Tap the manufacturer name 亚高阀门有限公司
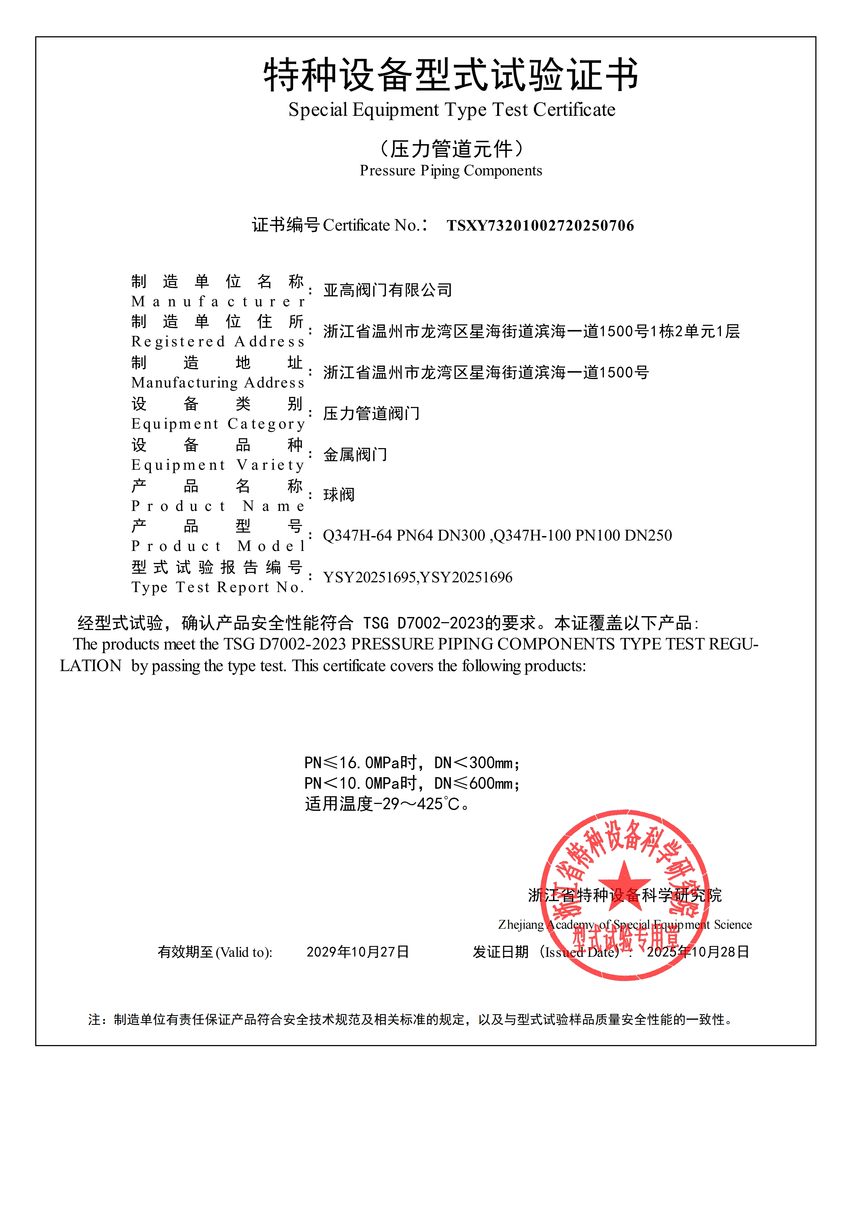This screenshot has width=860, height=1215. pyautogui.click(x=388, y=290)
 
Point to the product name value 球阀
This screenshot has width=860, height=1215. pyautogui.click(x=339, y=495)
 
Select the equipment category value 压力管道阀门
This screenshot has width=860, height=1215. pyautogui.click(x=371, y=413)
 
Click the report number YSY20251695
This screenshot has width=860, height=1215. pyautogui.click(x=369, y=577)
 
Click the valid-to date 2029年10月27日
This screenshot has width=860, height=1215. pyautogui.click(x=358, y=952)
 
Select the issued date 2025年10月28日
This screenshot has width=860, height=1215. pyautogui.click(x=698, y=952)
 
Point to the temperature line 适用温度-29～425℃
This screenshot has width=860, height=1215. pyautogui.click(x=387, y=804)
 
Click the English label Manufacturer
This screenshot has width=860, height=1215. pyautogui.click(x=218, y=302)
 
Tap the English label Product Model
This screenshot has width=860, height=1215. pyautogui.click(x=218, y=546)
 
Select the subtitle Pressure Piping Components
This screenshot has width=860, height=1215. pyautogui.click(x=451, y=171)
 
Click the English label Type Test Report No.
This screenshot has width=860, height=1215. pyautogui.click(x=218, y=587)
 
